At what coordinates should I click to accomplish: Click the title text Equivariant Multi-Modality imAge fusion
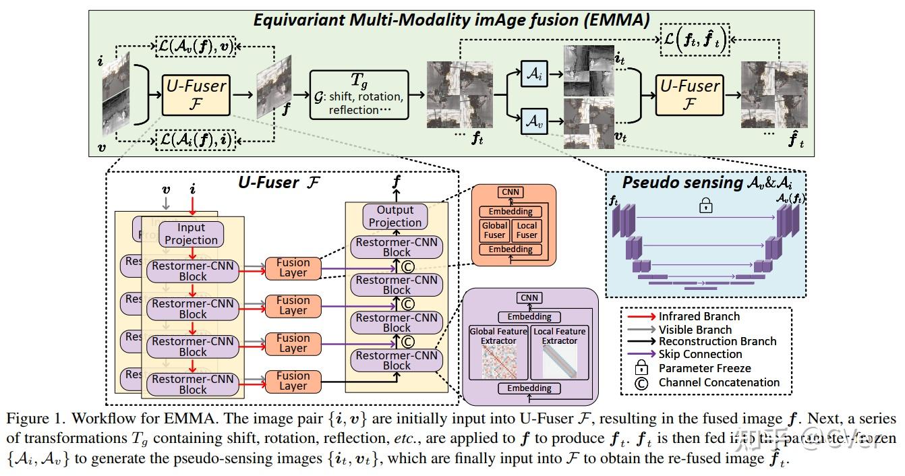(451, 20)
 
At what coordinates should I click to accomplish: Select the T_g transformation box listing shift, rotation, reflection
(359, 95)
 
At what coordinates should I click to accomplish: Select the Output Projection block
(395, 216)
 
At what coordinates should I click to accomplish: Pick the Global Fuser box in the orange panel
(494, 230)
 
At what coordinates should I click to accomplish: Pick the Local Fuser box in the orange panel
(527, 230)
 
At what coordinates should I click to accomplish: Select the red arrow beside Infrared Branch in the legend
(641, 317)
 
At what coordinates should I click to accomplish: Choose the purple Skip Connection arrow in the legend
(641, 355)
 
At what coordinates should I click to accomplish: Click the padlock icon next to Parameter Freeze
(642, 368)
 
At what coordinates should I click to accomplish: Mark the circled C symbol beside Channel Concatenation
(642, 383)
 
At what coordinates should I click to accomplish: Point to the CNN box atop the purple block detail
(529, 298)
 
